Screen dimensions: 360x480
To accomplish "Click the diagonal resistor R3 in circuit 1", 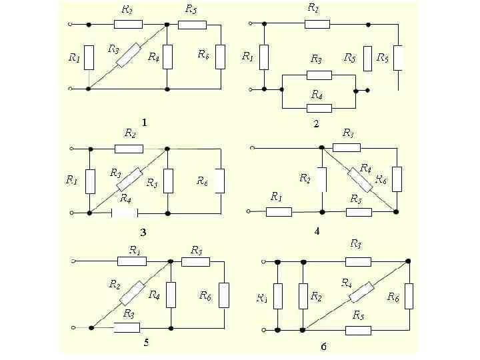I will [x=128, y=55].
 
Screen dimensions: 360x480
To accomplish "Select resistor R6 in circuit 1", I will [x=221, y=56].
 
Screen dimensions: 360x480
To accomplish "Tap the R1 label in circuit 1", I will [x=75, y=58].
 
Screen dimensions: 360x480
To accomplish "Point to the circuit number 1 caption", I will [x=144, y=122].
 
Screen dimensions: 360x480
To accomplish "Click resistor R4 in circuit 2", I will [x=319, y=107].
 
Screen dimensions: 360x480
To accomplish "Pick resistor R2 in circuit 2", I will [x=317, y=24].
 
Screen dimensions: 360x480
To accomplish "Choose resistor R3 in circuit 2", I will [x=319, y=75].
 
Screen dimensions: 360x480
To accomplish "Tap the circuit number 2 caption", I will [x=316, y=124].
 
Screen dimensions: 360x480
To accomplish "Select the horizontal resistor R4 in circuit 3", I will [x=125, y=213].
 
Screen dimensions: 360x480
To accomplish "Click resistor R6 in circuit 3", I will [x=220, y=180].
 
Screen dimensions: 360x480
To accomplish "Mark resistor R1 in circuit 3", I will [x=90, y=181].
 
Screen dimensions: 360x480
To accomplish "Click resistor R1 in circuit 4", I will [x=279, y=212].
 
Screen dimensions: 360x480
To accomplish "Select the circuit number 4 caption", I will [x=317, y=231].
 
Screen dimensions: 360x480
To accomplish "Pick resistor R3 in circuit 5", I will [x=127, y=327].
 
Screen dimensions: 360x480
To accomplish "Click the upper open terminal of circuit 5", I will [x=73, y=261].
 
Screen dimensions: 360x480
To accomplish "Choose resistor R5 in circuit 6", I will [x=358, y=329].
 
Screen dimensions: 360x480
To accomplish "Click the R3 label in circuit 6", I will [x=355, y=243].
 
